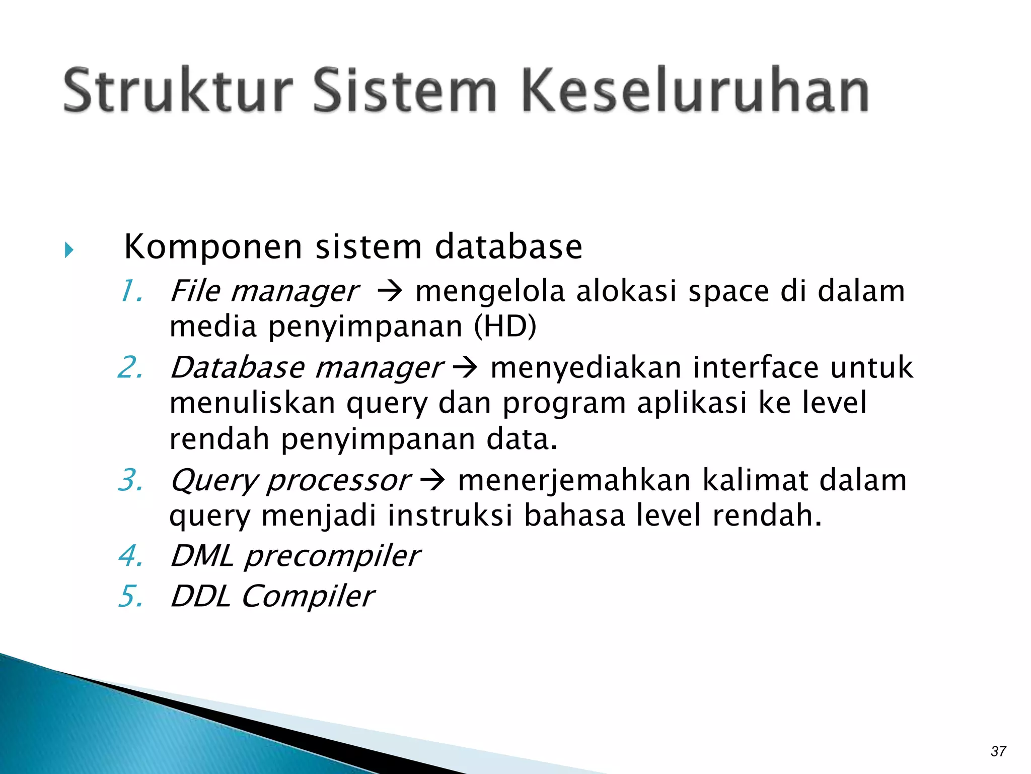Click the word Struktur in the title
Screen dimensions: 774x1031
[178, 91]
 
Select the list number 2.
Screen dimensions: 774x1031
[131, 367]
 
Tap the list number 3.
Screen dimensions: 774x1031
[131, 480]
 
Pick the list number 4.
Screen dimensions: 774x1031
[131, 556]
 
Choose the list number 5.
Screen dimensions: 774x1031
[131, 597]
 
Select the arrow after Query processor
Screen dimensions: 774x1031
[432, 481]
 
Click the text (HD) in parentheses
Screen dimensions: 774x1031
[505, 327]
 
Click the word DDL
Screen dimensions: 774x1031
[200, 597]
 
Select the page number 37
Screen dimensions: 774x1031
[998, 751]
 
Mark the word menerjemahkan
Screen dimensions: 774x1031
[574, 481]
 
